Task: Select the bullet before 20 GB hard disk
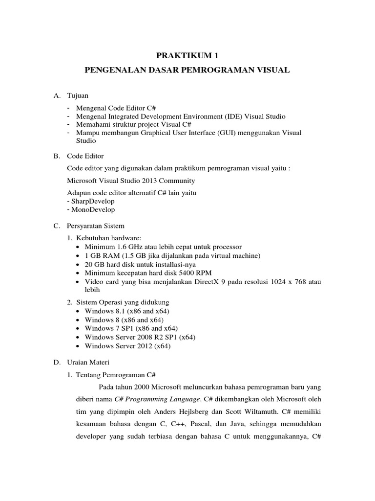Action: click(x=79, y=264)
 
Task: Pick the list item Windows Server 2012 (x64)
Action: click(x=127, y=345)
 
